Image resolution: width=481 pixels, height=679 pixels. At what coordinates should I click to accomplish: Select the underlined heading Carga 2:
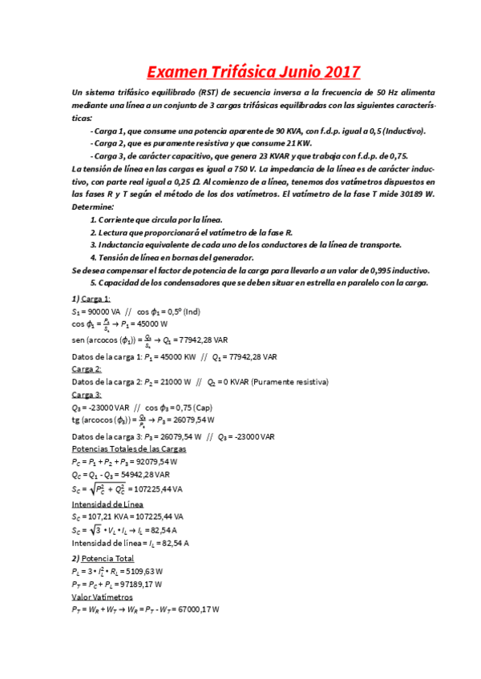87,369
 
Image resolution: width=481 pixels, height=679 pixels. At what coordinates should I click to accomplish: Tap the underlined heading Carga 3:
87,395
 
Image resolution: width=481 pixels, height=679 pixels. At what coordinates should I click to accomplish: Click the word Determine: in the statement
93,207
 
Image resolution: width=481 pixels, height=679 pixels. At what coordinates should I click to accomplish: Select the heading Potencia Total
111,558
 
